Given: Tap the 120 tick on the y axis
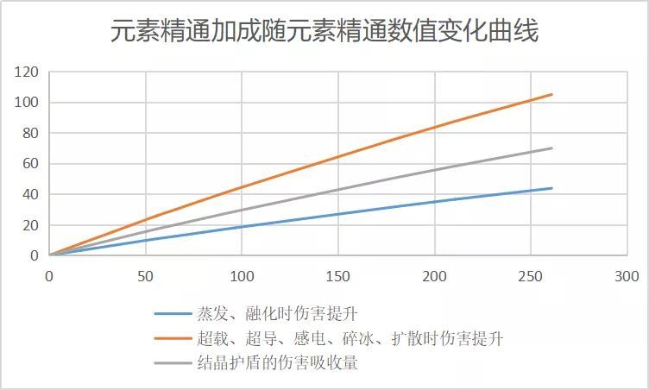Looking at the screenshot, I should tap(27, 72).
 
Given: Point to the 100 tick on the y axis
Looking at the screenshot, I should tap(27, 103).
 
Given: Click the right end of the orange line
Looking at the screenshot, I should tap(551, 94).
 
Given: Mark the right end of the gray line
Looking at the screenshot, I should tap(551, 148).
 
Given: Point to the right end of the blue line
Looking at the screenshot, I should tap(551, 188).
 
